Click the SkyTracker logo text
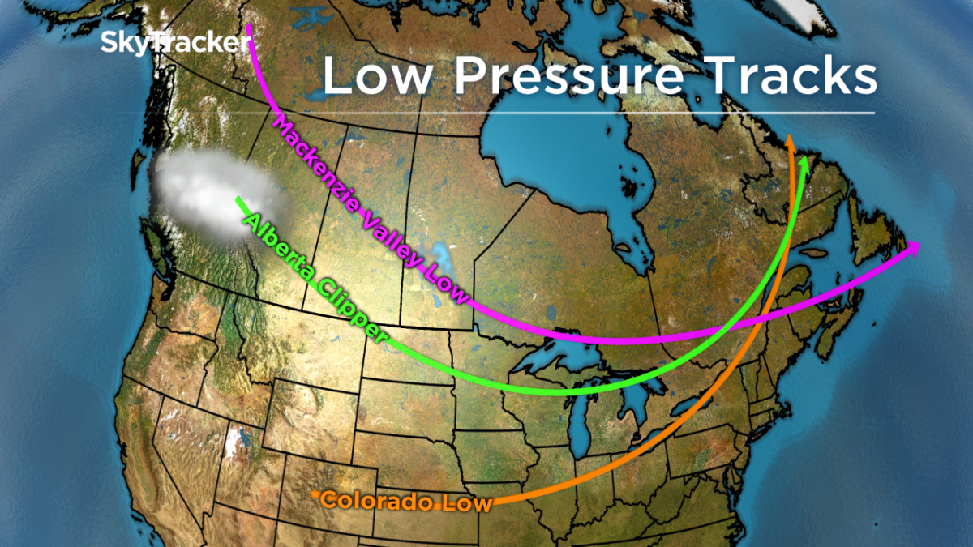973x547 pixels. (174, 42)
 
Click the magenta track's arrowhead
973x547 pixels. (914, 248)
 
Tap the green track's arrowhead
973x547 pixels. (804, 162)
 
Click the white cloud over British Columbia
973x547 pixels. (207, 194)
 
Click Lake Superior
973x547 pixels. (559, 357)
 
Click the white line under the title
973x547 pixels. (600, 113)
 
